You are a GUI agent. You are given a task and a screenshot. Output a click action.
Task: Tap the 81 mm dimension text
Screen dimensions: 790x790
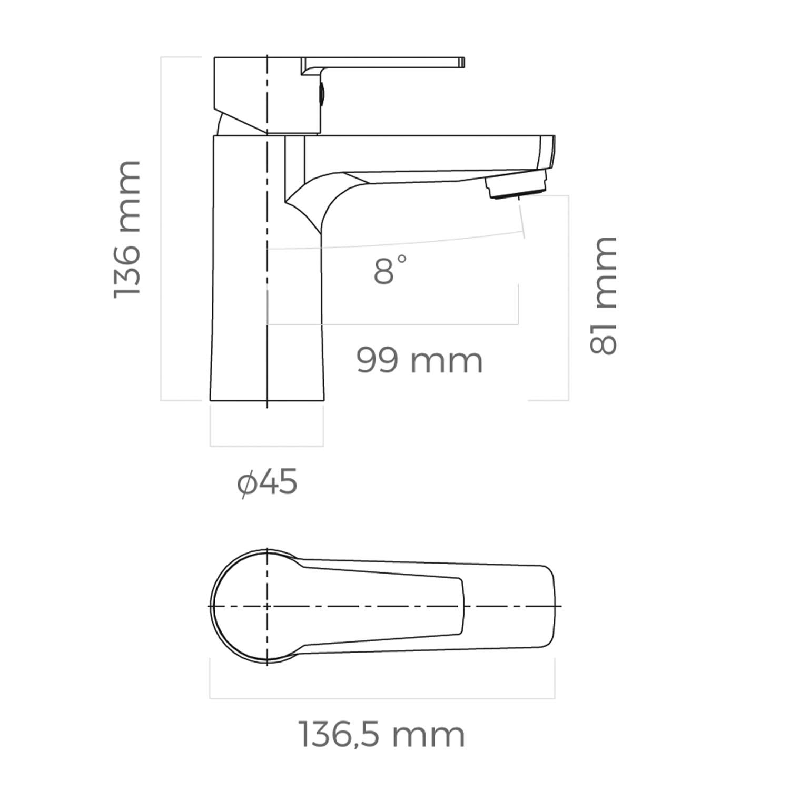[604, 295]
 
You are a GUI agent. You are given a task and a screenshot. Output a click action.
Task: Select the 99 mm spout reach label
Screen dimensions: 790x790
[420, 361]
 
